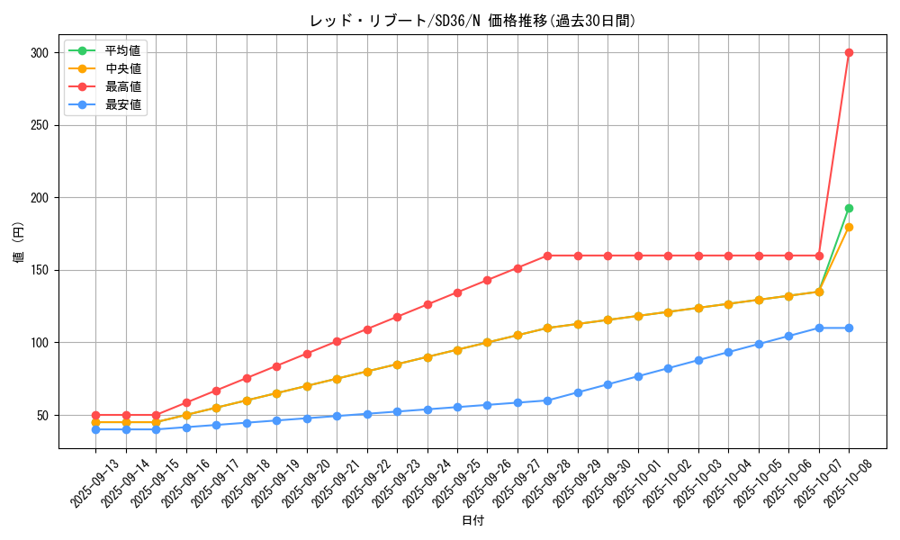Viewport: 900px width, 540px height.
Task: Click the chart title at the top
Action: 472,21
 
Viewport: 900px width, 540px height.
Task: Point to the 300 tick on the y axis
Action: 39,53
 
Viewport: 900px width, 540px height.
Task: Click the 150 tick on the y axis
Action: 39,270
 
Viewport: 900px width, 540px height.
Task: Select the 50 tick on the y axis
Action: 42,415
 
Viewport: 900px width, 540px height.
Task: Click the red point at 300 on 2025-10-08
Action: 849,52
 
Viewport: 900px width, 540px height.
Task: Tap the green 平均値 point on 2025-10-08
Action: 849,208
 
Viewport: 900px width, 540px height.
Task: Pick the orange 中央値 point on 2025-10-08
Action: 849,227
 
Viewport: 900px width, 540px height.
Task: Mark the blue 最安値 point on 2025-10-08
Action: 849,328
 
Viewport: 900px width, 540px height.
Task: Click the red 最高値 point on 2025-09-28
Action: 547,256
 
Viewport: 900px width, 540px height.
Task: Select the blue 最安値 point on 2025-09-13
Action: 95,429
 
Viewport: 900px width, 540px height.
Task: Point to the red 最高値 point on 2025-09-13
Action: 95,415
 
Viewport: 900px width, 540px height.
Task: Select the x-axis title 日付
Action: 472,521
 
